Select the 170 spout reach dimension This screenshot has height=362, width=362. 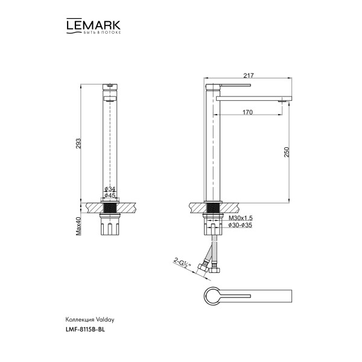[247, 112]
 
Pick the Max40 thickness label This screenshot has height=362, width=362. [78, 227]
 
